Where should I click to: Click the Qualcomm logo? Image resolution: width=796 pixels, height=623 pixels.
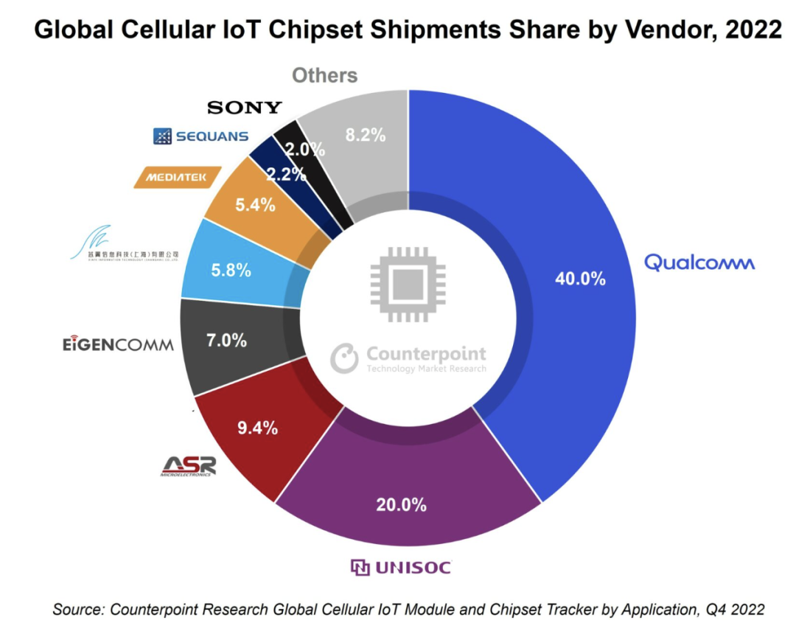[x=699, y=262]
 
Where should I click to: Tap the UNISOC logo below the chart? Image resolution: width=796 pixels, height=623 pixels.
[x=400, y=567]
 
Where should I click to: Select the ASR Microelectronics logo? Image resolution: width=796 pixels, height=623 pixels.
[x=189, y=466]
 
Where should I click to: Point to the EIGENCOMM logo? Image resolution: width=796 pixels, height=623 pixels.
[x=118, y=344]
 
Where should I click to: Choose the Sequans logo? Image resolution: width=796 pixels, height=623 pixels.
[x=200, y=136]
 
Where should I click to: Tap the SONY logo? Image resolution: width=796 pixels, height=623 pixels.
[x=245, y=108]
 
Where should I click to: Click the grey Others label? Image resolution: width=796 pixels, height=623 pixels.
[x=324, y=75]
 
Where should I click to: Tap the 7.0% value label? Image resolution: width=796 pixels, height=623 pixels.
[x=226, y=341]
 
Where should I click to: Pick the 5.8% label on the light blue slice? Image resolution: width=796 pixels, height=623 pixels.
[x=231, y=270]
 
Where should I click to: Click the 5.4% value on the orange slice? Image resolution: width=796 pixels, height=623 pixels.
[x=254, y=206]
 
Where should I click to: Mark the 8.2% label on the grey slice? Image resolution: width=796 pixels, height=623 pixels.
[x=366, y=135]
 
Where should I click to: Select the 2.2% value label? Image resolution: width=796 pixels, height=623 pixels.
[x=286, y=175]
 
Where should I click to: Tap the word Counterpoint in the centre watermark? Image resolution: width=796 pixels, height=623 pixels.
[x=426, y=354]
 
